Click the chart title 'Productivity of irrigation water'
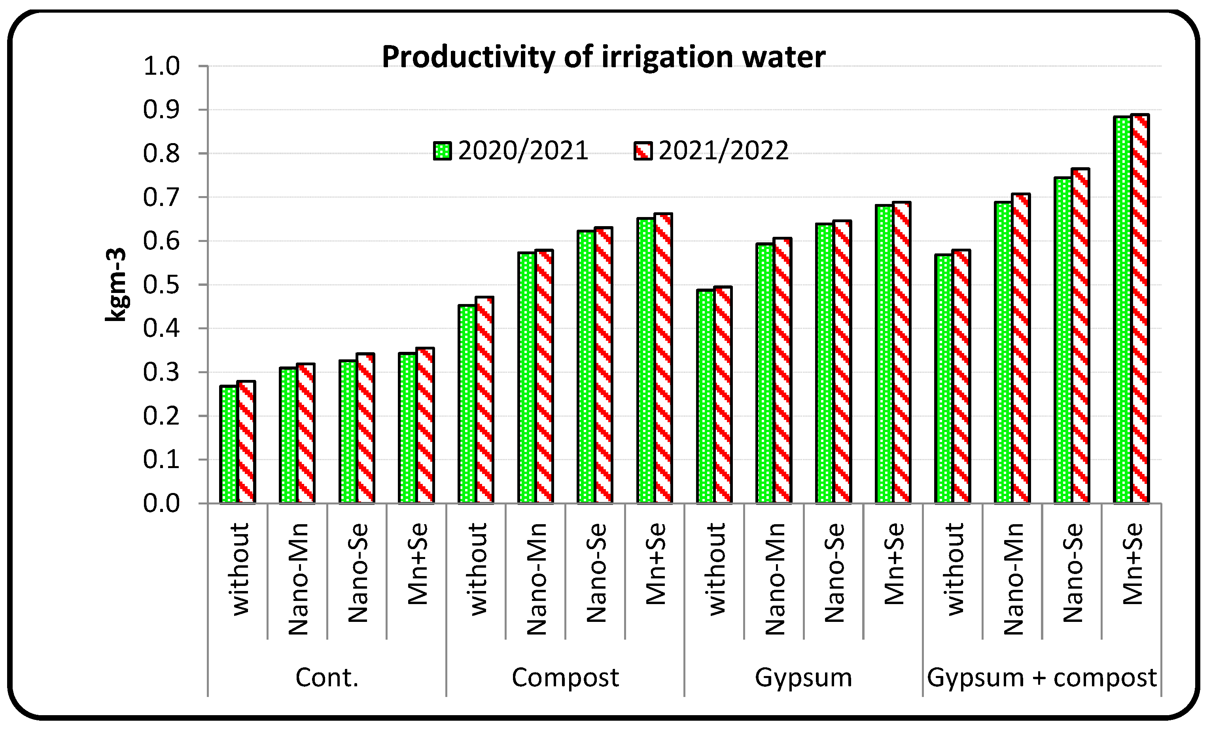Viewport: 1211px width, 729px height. pos(603,57)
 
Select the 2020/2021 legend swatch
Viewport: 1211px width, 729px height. pos(442,151)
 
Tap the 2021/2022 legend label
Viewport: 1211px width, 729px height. pos(723,151)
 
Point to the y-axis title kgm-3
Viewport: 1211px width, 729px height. pos(116,285)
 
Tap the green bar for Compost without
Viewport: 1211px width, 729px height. pos(467,404)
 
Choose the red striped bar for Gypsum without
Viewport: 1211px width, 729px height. pos(723,395)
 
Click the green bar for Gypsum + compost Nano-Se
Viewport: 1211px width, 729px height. pos(1063,340)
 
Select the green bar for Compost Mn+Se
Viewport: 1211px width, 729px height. pos(645,361)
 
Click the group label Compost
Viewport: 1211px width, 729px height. pos(565,678)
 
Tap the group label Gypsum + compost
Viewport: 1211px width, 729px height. pos(1041,678)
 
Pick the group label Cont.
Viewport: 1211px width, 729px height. pos(327,678)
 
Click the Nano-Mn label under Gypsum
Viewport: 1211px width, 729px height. pos(774,580)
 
